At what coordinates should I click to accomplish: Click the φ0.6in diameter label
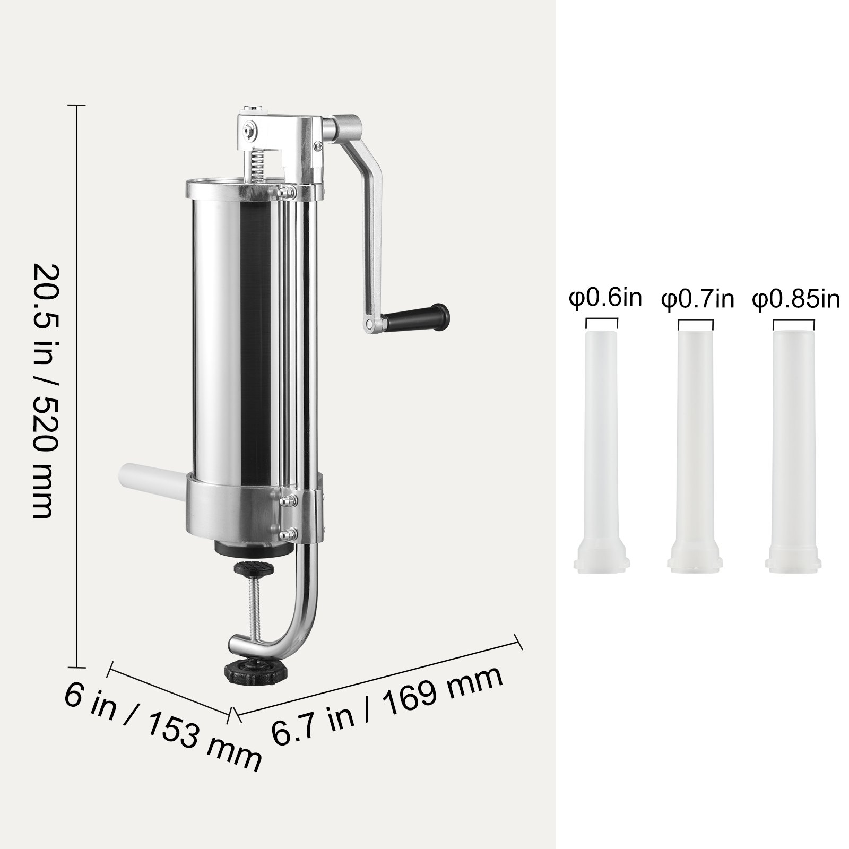[605, 298]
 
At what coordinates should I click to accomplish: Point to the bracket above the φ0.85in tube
[793, 322]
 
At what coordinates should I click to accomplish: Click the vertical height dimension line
[77, 371]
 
